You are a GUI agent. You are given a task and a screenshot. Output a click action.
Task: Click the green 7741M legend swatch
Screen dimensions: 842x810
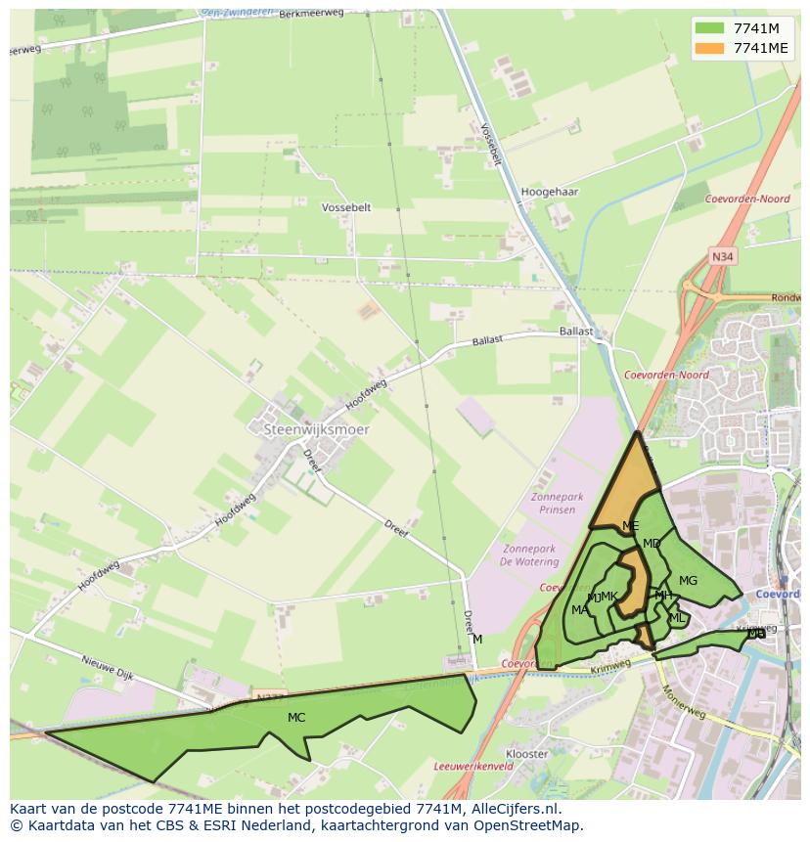pyautogui.click(x=711, y=28)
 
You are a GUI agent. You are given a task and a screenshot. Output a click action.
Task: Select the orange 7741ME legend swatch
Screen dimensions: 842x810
pyautogui.click(x=711, y=48)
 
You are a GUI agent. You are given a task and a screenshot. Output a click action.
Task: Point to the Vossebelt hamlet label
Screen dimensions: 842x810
pyautogui.click(x=346, y=207)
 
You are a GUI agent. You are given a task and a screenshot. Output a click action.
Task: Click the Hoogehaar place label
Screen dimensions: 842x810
pyautogui.click(x=550, y=192)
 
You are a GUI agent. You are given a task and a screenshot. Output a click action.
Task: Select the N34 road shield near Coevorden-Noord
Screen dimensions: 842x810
pyautogui.click(x=722, y=257)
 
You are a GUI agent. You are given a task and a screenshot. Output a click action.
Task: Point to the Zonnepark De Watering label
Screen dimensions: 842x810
pyautogui.click(x=529, y=555)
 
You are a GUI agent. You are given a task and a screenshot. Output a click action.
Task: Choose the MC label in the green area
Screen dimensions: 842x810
pyautogui.click(x=296, y=718)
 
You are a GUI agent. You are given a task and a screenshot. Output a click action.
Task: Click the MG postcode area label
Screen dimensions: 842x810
pyautogui.click(x=688, y=581)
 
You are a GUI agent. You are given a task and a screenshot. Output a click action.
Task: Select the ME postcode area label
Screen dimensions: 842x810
pyautogui.click(x=630, y=526)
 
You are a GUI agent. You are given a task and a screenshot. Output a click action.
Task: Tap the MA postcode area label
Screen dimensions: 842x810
pyautogui.click(x=580, y=610)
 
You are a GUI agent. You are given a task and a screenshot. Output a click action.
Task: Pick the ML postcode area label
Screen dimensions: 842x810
pyautogui.click(x=677, y=618)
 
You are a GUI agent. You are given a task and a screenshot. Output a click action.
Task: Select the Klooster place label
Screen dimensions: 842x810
pyautogui.click(x=527, y=754)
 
